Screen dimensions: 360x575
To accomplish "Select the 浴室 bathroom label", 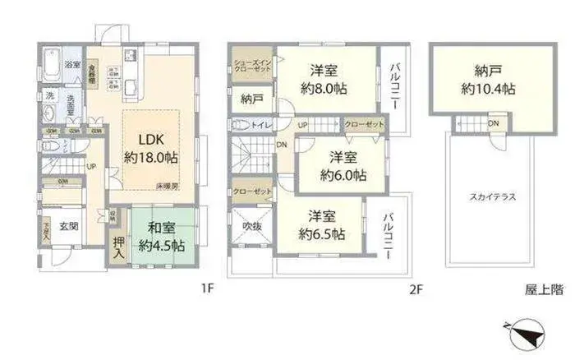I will (x=72, y=64).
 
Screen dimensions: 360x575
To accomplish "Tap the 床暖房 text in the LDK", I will (x=169, y=187).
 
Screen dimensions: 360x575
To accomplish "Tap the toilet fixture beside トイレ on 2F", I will (x=241, y=126).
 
